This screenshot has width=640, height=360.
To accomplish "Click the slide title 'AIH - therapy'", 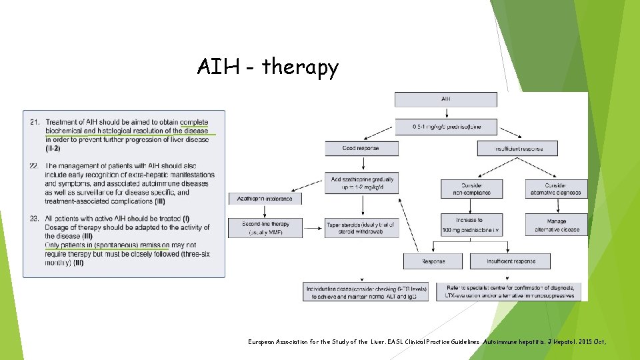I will click(267, 67).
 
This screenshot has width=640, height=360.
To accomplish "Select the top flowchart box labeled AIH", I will click(445, 99).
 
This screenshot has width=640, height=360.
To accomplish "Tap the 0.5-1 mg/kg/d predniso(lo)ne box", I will click(445, 126).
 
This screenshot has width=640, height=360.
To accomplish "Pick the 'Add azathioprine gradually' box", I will click(362, 184).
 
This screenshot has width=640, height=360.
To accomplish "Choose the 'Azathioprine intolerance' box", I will click(265, 199).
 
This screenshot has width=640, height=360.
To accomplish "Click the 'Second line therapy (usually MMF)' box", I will click(265, 228).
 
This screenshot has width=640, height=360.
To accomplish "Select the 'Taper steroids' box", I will click(362, 228).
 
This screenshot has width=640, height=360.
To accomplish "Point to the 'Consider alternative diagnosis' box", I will click(557, 189).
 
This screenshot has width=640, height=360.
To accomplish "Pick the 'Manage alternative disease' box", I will click(557, 225).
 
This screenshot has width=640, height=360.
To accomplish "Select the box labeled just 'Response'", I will click(433, 261).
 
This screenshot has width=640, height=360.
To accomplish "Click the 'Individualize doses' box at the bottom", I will click(367, 292).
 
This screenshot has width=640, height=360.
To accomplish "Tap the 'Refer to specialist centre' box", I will click(509, 292).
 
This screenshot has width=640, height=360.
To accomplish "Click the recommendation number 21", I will click(35, 123).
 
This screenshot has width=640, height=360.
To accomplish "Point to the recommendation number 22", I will click(35, 166).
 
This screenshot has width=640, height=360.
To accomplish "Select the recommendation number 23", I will click(35, 219).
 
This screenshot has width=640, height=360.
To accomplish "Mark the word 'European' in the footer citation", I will click(265, 342).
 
